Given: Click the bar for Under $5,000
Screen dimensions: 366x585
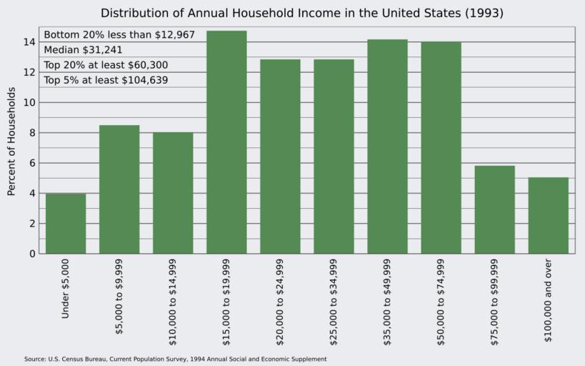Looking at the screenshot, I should tap(66, 223).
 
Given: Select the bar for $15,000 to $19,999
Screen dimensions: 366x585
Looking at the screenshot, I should tap(226, 142).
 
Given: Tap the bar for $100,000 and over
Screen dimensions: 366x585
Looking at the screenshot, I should tap(549, 215).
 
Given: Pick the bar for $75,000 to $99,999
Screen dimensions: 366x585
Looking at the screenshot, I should tap(495, 209).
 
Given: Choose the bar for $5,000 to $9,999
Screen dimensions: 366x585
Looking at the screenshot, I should tap(119, 189).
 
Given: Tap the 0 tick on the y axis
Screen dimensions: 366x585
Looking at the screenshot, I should tap(31, 254).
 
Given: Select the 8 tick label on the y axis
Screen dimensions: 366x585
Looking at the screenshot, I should tap(31, 133).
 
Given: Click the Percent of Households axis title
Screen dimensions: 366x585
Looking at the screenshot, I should tap(11, 142).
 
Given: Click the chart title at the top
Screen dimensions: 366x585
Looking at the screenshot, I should tap(291, 13).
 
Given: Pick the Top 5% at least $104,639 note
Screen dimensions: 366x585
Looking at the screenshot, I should tap(106, 80).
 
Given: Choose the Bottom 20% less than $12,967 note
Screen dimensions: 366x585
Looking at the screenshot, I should tap(119, 35).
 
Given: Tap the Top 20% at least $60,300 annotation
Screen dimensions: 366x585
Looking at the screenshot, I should tap(106, 65).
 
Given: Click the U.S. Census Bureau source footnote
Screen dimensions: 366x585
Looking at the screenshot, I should tap(175, 359).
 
